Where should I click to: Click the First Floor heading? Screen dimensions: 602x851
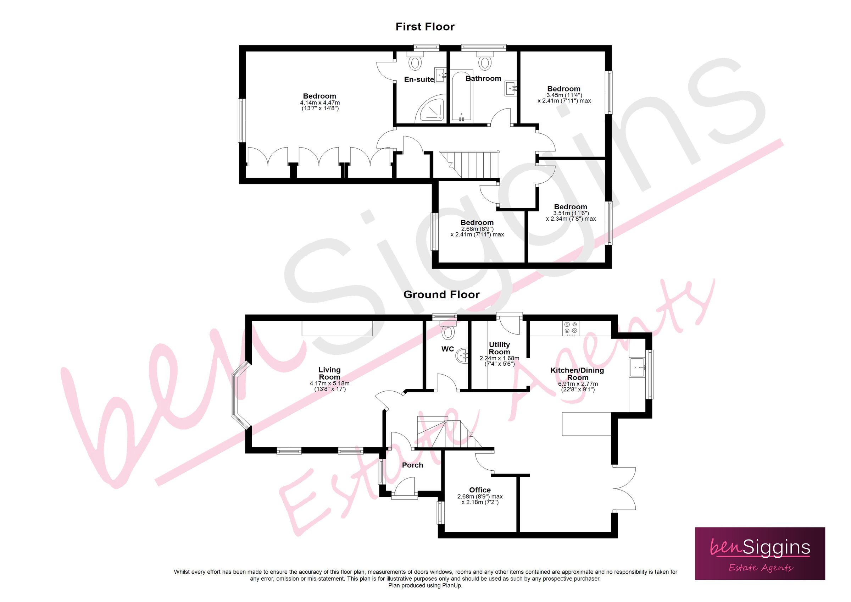point(425,27)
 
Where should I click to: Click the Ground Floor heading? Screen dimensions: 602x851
point(441,294)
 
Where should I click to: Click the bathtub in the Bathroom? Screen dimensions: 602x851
point(461,96)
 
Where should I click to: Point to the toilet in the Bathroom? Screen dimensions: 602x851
point(485,62)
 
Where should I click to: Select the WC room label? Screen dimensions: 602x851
point(447,349)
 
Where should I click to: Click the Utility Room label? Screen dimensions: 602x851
point(499,348)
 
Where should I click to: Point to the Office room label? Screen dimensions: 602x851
point(480,490)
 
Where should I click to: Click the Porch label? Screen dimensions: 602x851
point(412,465)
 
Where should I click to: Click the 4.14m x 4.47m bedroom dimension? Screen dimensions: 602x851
point(319,103)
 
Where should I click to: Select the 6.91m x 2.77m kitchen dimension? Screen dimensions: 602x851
point(578,384)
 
